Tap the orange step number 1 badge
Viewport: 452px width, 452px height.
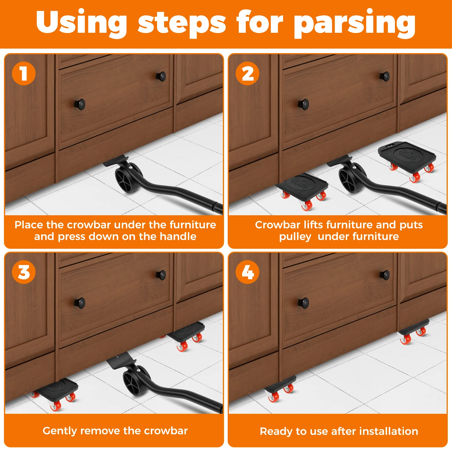pyautogui.click(x=24, y=73)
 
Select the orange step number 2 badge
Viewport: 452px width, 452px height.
pyautogui.click(x=247, y=73)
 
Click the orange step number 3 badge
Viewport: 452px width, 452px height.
pyautogui.click(x=24, y=272)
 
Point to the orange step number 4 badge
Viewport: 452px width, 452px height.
pyautogui.click(x=247, y=272)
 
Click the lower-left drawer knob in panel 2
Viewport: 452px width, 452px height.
pyautogui.click(x=304, y=104)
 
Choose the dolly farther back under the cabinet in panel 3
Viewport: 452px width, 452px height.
pyautogui.click(x=186, y=335)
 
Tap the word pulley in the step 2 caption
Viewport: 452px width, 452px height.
pyautogui.click(x=295, y=237)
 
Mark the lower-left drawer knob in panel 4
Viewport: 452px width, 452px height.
pyautogui.click(x=304, y=303)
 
